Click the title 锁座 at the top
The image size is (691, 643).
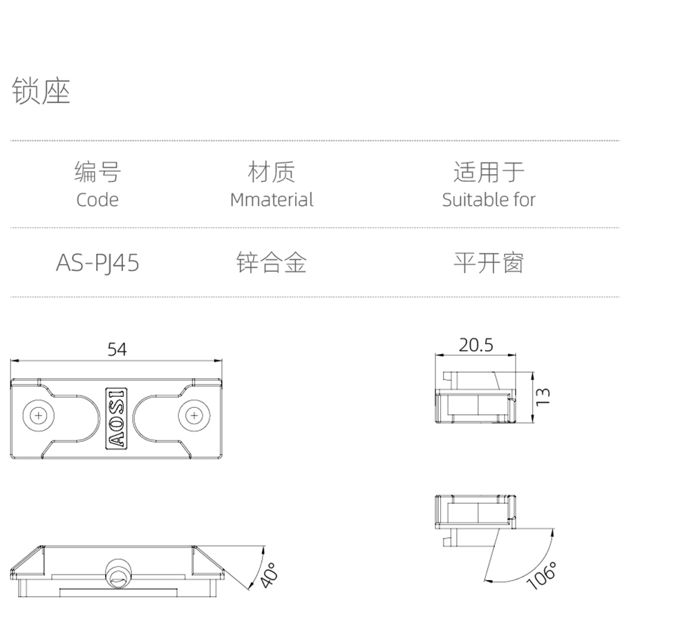41,91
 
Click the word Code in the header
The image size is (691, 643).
97,200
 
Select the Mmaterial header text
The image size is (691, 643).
272,200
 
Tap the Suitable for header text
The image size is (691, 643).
489,200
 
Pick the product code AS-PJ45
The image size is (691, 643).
97,263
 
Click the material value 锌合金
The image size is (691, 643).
272,263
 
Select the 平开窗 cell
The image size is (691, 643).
489,263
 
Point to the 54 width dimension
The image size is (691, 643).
117,349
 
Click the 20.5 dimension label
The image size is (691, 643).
476,345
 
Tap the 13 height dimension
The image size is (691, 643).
544,396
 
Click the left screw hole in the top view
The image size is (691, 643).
39,416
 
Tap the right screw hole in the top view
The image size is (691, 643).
195,416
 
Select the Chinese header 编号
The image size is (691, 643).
97,172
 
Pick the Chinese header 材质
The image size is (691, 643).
272,172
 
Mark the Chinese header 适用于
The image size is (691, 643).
489,172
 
